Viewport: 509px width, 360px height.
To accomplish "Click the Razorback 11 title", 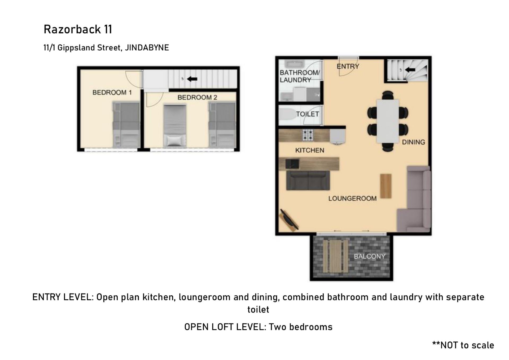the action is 78,29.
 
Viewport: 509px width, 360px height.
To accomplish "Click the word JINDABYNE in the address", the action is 147,48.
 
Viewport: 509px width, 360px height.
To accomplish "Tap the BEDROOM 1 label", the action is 112,93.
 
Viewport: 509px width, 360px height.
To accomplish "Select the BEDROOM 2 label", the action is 197,98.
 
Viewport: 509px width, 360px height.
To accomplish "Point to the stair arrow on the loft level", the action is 192,79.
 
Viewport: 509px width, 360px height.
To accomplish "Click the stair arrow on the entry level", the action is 410,70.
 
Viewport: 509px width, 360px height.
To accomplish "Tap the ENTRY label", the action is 348,66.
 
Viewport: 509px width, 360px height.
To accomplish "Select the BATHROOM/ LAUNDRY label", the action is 300,76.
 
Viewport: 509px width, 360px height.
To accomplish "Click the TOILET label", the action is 308,114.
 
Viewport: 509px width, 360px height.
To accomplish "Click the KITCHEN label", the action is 310,150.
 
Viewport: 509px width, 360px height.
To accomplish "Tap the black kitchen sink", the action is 292,164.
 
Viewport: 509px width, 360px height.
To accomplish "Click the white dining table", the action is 388,121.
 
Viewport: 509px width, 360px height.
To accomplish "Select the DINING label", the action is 414,142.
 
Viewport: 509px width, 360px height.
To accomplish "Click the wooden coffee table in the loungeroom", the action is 386,186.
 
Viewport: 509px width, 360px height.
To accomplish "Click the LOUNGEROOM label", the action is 353,199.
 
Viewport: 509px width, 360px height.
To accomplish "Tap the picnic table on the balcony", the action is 336,256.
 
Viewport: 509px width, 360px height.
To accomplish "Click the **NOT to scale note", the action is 463,345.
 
